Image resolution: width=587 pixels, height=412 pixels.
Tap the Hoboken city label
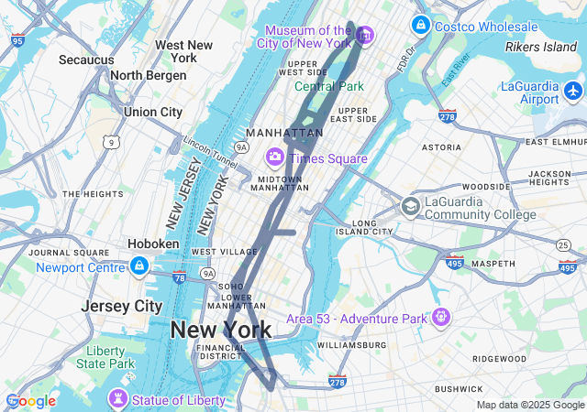click(x=153, y=244)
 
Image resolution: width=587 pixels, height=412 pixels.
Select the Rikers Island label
click(x=541, y=47)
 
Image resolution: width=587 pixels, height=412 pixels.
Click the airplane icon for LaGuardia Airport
click(x=574, y=91)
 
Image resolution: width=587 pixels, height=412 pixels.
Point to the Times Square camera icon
click(x=274, y=158)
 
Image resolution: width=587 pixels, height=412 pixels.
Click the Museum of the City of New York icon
click(x=365, y=36)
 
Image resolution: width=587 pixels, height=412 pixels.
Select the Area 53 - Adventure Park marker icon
click(x=442, y=318)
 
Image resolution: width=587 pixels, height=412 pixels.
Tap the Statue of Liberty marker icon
click(x=117, y=400)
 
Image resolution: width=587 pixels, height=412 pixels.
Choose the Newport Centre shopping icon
click(x=138, y=266)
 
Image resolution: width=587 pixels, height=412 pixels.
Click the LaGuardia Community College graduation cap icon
click(x=410, y=206)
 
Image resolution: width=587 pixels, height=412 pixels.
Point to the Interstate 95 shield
click(x=18, y=40)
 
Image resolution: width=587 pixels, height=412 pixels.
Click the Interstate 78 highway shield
click(x=178, y=276)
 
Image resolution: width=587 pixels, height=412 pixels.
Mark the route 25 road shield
click(x=562, y=244)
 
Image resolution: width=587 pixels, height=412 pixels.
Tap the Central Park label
click(x=329, y=86)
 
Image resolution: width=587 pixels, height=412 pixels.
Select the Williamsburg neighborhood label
click(x=352, y=345)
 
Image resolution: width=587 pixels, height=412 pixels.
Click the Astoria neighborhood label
click(x=441, y=146)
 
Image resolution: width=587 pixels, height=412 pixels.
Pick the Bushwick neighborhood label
click(x=459, y=389)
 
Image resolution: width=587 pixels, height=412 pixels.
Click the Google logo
click(x=31, y=401)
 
